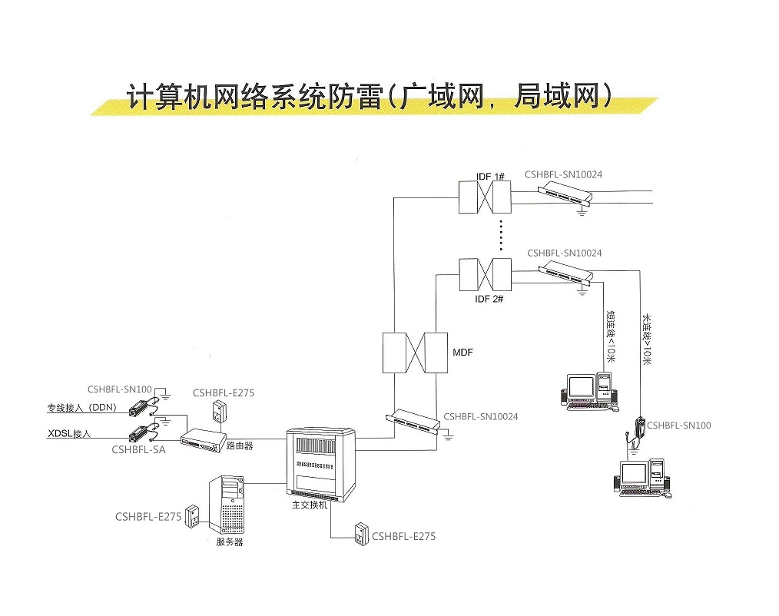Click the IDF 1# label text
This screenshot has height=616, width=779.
pos(490,177)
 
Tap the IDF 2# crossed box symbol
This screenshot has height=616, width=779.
pos(484,273)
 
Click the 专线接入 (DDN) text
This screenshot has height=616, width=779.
pos(81,408)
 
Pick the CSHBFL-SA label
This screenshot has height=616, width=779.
pos(138,450)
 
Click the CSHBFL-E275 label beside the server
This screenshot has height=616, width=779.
pos(148,517)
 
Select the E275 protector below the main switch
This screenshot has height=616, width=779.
pos(361,534)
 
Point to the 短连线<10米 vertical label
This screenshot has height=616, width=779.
pos(610,336)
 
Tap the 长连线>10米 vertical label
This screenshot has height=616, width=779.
pos(646,338)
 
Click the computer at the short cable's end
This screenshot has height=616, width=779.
pos(588,389)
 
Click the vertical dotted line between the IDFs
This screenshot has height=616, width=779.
pos(500,234)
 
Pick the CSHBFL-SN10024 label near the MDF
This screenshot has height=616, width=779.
pos(480,417)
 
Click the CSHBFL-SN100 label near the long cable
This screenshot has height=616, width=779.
pos(678,425)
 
